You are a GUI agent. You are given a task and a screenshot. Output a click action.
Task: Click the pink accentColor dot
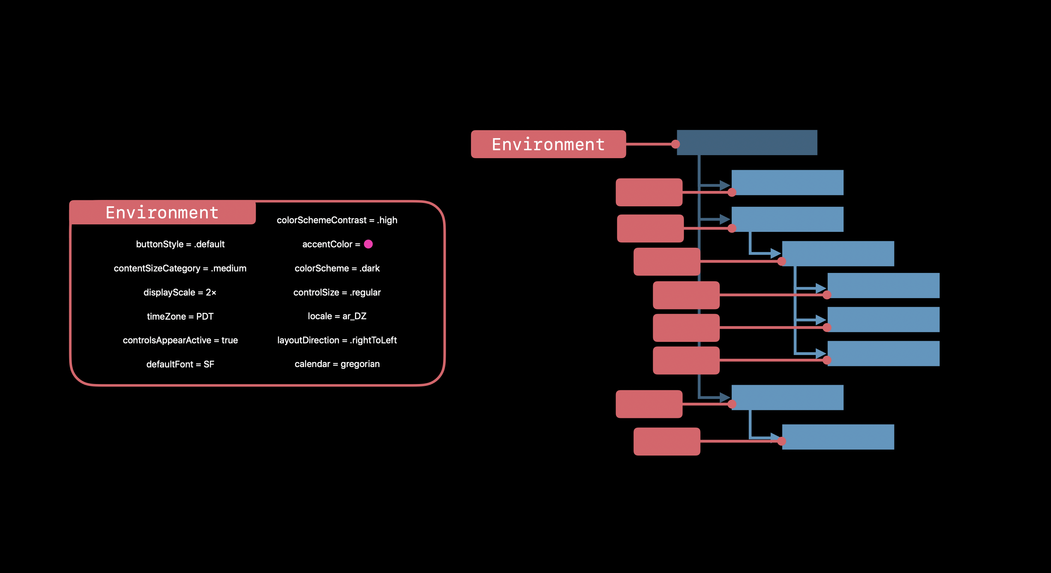pyautogui.click(x=368, y=244)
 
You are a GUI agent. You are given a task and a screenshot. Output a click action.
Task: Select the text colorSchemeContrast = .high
pyautogui.click(x=337, y=220)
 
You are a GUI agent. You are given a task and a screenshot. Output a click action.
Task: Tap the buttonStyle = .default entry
pyautogui.click(x=180, y=244)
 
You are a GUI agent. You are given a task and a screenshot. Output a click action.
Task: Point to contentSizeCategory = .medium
pyautogui.click(x=180, y=268)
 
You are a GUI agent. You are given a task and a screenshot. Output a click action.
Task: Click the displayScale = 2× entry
pyautogui.click(x=180, y=292)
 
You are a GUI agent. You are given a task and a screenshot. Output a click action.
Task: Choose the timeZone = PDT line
pyautogui.click(x=180, y=316)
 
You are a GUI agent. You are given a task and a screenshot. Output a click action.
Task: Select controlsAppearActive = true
pyautogui.click(x=180, y=340)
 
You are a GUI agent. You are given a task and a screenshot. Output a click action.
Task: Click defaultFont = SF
pyautogui.click(x=180, y=364)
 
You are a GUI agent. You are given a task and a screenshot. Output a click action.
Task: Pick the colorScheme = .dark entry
pyautogui.click(x=337, y=268)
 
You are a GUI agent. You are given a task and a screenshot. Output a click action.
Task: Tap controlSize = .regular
pyautogui.click(x=337, y=292)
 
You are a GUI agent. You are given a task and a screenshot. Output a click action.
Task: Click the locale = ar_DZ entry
pyautogui.click(x=337, y=316)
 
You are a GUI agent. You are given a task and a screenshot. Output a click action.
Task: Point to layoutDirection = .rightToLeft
pyautogui.click(x=337, y=340)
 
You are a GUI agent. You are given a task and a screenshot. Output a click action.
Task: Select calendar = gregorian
pyautogui.click(x=337, y=364)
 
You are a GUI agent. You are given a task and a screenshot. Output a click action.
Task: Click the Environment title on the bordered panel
pyautogui.click(x=162, y=213)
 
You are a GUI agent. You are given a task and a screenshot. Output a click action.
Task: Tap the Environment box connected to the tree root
pyautogui.click(x=548, y=144)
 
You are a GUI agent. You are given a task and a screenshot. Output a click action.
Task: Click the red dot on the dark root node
pyautogui.click(x=675, y=144)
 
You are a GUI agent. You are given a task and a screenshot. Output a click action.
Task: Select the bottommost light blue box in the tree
pyautogui.click(x=838, y=437)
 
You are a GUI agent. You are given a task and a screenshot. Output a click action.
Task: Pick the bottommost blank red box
pyautogui.click(x=667, y=441)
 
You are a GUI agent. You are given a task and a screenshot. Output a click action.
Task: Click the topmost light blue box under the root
pyautogui.click(x=787, y=183)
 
